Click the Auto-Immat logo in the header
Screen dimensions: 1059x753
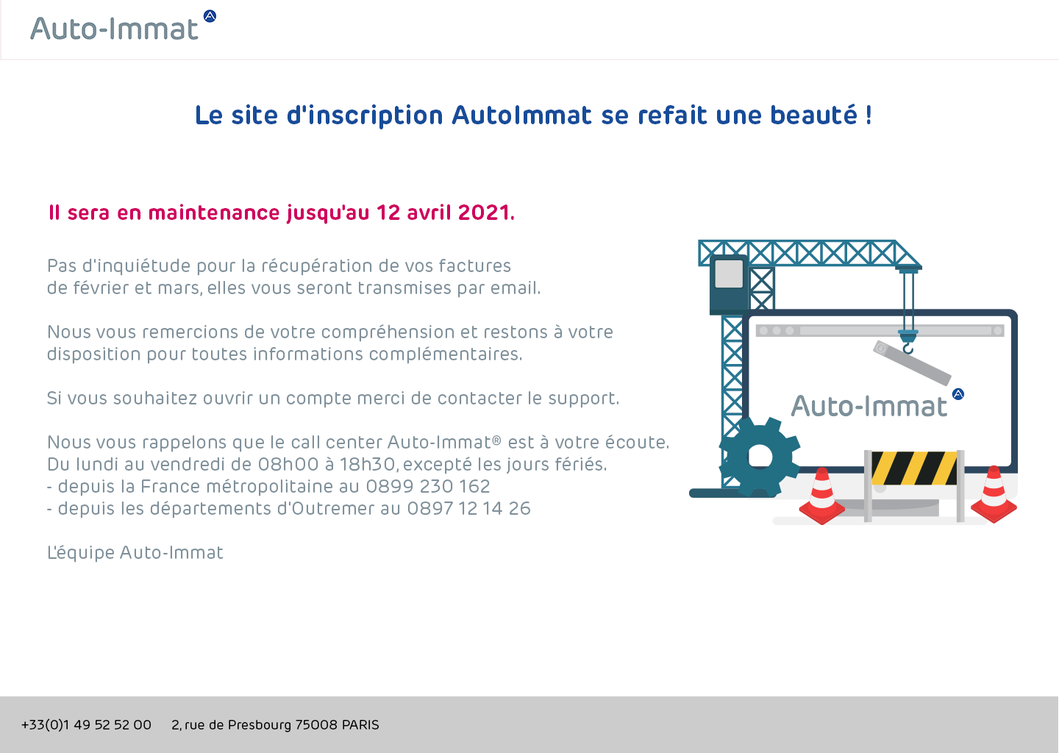point(123,26)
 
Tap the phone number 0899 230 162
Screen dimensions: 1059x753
point(428,486)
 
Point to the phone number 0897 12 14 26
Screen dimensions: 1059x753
point(468,509)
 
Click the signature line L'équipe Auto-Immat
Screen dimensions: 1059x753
point(135,552)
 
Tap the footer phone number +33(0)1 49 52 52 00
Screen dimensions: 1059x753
point(87,724)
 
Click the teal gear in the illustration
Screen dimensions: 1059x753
point(759,457)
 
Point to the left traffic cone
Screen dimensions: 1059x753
point(821,496)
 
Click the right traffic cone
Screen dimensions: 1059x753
point(994,494)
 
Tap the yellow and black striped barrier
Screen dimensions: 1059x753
point(914,468)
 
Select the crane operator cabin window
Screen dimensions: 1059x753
point(729,274)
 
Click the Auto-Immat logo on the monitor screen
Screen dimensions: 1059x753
point(877,404)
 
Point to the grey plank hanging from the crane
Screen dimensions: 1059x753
point(912,363)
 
